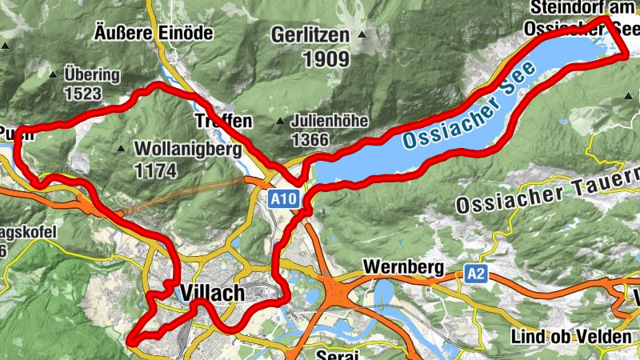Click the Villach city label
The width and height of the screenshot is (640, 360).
point(213,294)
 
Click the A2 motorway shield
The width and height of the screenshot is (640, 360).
point(475,274)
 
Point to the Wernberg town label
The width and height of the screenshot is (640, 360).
point(402,266)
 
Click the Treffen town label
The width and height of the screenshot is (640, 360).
point(223,122)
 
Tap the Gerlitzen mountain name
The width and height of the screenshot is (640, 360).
point(310,35)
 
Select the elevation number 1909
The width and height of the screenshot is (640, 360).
point(326,58)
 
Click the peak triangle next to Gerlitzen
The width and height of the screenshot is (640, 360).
point(362,34)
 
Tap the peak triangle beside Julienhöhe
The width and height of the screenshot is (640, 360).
point(280,122)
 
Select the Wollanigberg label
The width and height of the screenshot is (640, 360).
point(188,149)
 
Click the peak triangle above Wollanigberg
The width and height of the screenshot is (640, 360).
point(120,148)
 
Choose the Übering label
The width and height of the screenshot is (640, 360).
point(92,76)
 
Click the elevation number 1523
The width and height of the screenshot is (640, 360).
point(84,94)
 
